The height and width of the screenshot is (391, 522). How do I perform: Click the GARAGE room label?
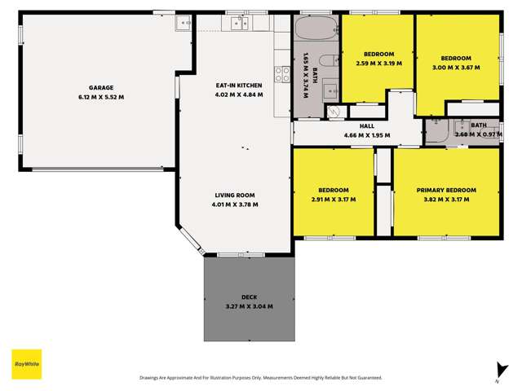click(101, 87)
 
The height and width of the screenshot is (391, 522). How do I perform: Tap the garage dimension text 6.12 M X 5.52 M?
click(101, 97)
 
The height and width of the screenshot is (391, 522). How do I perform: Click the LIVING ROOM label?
click(235, 195)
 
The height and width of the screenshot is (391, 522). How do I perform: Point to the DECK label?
click(249, 297)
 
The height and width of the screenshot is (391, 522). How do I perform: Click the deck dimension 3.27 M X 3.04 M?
click(249, 306)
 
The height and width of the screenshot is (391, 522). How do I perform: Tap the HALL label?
click(366, 126)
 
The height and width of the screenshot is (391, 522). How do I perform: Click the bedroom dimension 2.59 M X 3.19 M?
click(379, 63)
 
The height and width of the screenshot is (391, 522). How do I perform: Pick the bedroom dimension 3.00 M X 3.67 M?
click(456, 67)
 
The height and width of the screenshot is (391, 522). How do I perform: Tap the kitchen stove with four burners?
click(283, 76)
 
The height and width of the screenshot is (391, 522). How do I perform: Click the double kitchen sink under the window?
click(239, 24)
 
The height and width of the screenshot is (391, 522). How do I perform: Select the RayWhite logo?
click(26, 363)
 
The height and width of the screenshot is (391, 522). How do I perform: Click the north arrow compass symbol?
click(498, 370)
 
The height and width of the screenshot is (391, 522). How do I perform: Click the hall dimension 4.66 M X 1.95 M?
click(366, 135)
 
